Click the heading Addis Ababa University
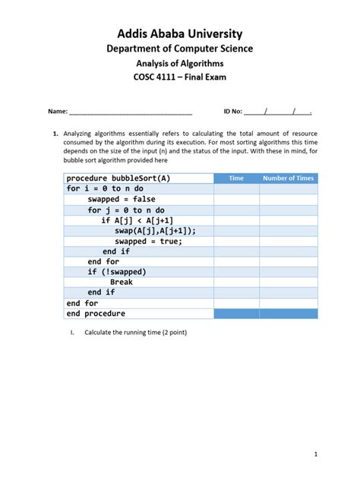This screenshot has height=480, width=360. click(x=180, y=33)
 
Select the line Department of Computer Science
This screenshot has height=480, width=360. click(x=180, y=49)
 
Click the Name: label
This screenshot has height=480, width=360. click(x=58, y=112)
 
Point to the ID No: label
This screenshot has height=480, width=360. click(x=232, y=112)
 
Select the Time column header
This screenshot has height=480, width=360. click(x=236, y=178)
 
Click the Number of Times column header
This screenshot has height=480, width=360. click(x=288, y=178)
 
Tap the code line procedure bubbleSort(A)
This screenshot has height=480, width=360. click(x=118, y=178)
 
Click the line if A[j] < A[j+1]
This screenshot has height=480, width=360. click(x=147, y=220)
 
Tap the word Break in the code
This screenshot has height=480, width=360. click(x=122, y=283)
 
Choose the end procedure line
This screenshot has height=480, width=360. click(x=96, y=314)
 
